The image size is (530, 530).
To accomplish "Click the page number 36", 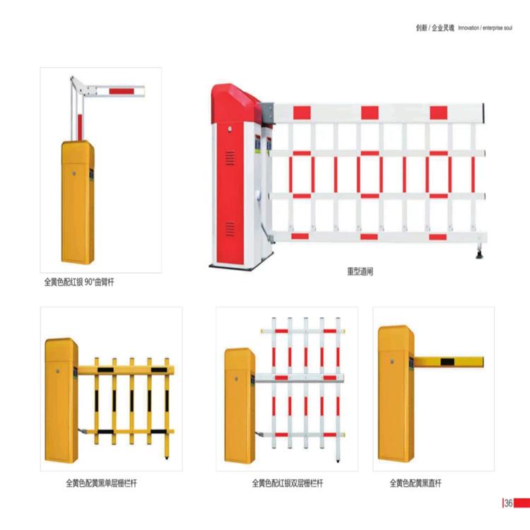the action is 508,503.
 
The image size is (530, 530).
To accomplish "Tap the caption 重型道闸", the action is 360,271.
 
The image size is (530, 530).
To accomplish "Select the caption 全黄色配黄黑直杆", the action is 416,483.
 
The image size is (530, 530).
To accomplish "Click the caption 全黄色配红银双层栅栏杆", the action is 288,483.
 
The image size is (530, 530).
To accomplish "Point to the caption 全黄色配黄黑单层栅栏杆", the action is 101,483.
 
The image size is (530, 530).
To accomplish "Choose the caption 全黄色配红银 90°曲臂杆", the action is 79,282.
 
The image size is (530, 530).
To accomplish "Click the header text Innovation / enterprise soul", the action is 485,28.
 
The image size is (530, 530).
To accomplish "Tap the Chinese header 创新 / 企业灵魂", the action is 435,28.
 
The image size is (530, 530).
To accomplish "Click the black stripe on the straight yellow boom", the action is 447,362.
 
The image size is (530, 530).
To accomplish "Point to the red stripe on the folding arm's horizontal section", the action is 122,91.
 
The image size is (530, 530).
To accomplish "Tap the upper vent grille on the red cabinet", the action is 230,158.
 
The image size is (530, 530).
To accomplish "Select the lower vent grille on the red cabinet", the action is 230,229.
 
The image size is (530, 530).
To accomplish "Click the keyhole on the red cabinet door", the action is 230,129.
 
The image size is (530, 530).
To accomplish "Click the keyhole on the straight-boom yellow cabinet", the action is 392,362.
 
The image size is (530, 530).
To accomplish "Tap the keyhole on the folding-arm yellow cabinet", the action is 73,173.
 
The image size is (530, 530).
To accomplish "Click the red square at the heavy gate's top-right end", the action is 438,113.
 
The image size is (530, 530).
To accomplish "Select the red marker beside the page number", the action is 522,503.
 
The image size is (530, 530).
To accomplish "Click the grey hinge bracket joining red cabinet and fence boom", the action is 268,113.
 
